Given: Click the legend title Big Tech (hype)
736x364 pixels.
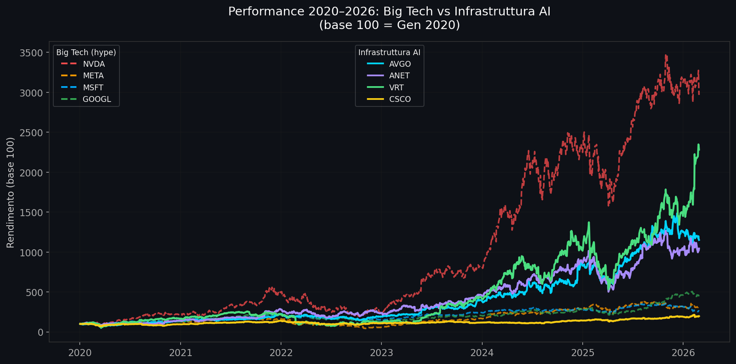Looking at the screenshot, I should [x=86, y=53].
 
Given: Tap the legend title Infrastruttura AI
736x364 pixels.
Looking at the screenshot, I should [x=389, y=53].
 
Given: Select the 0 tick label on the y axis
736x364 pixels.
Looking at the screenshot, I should [x=40, y=332].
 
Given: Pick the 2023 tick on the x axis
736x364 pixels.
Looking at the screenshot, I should [x=381, y=353].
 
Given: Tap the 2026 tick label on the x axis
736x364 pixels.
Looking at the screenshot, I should [x=683, y=353].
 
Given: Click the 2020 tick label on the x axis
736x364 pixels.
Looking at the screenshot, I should [x=80, y=353].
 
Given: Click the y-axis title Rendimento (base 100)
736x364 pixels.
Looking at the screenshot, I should [x=11, y=193].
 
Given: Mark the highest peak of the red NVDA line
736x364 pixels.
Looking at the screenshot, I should [x=666, y=55].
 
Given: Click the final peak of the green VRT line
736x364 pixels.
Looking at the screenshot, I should [x=698, y=145].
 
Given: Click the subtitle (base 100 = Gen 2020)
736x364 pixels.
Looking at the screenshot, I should [x=389, y=25].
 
